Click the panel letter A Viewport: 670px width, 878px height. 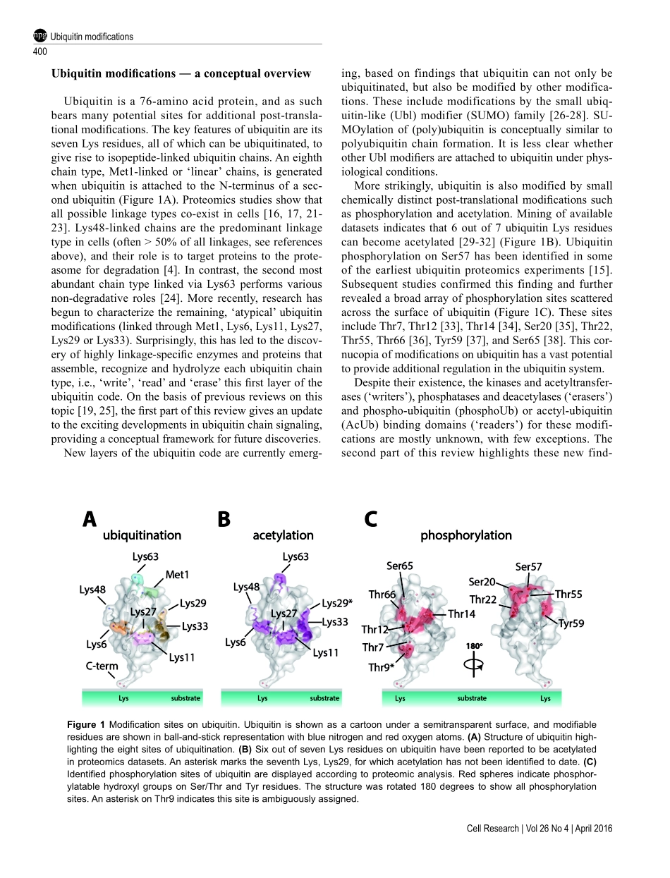tap(89, 519)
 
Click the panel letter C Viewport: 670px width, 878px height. tap(371, 519)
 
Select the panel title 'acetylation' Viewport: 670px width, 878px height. tap(284, 535)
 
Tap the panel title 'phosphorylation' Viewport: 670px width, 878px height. tap(465, 535)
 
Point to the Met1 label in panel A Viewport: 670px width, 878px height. tap(178, 575)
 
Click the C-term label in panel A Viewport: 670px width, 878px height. tap(102, 666)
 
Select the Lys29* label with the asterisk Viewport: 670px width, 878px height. tap(337, 603)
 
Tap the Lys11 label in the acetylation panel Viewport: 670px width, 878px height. tap(325, 652)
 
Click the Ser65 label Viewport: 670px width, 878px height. tap(400, 566)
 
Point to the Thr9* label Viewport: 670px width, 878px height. tap(382, 668)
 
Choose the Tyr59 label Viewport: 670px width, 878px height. tap(571, 623)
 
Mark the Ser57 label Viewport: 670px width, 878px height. tap(529, 567)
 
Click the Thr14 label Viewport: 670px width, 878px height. tap(462, 614)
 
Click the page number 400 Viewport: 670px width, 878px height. tap(40, 51)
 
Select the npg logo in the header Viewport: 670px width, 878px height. tap(40, 36)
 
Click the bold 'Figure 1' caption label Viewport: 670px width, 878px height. tap(86, 725)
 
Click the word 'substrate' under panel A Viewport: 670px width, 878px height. tap(186, 698)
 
